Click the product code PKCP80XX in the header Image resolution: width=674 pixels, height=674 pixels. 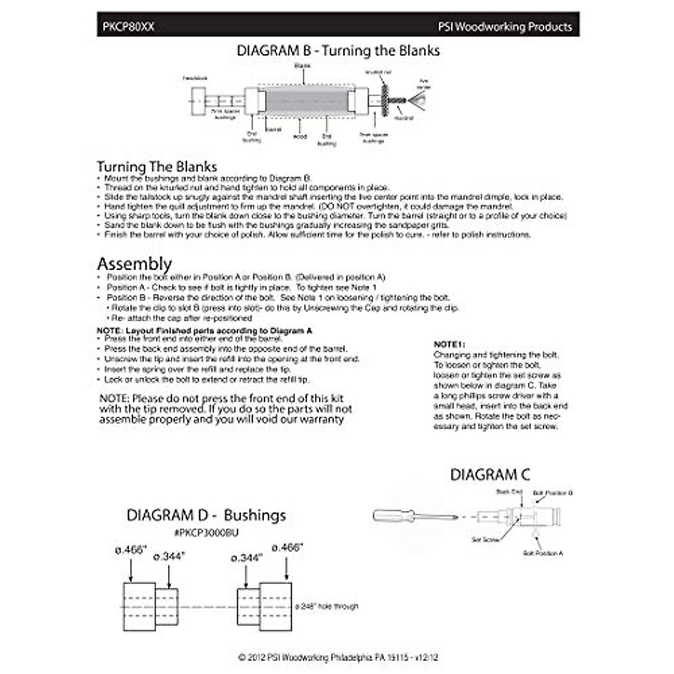128,27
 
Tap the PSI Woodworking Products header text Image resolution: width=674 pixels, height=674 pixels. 505,27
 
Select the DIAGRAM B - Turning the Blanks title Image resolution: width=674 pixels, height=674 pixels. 338,51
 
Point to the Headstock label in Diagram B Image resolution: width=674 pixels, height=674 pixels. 195,78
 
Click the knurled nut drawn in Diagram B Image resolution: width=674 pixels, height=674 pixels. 386,100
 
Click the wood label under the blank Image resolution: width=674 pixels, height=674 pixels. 300,136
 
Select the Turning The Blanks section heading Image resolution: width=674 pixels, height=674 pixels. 157,166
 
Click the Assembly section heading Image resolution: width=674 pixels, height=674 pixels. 134,263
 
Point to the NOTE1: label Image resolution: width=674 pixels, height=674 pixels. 449,344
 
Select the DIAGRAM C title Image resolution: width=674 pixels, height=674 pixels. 490,475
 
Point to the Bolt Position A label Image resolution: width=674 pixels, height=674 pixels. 543,553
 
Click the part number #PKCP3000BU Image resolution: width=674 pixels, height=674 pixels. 206,532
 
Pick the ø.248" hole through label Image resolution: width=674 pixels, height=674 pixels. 326,607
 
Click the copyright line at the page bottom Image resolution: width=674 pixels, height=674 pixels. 338,657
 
